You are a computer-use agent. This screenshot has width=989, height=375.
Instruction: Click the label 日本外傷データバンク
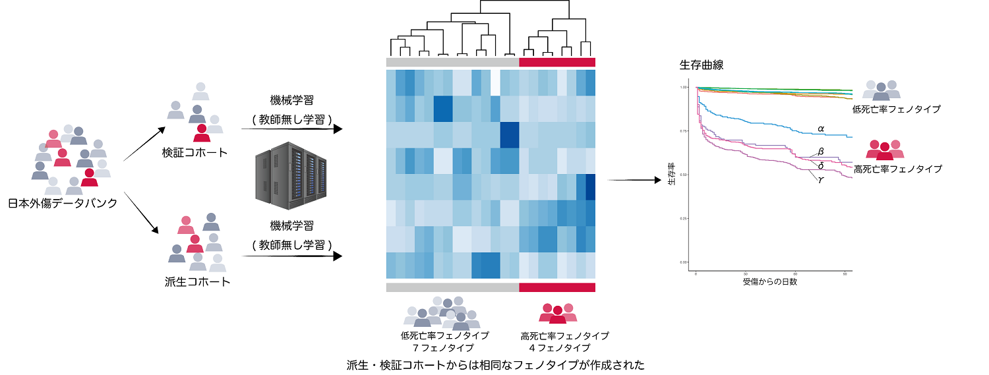[x=63, y=204]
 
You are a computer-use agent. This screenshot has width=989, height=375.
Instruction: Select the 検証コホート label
[x=195, y=152]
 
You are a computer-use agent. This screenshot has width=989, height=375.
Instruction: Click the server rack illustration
[x=291, y=173]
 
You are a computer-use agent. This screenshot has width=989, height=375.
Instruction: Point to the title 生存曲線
[x=702, y=65]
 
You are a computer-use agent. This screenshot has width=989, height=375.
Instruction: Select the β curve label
[x=821, y=152]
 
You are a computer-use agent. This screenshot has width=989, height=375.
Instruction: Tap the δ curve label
[x=820, y=165]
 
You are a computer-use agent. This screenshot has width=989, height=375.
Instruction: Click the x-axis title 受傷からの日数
[x=770, y=282]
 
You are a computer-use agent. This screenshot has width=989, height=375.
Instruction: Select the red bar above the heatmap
[x=557, y=62]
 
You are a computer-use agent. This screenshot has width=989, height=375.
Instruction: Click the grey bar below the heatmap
[x=452, y=287]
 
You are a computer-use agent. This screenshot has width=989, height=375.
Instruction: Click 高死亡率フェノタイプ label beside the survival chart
[x=897, y=169]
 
